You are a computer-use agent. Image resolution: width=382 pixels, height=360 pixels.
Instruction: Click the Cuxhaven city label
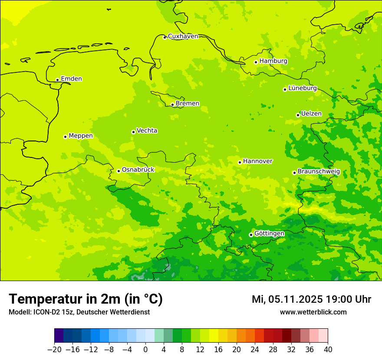pos(183,36)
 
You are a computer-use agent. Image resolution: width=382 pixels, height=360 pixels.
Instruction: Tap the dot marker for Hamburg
pos(256,62)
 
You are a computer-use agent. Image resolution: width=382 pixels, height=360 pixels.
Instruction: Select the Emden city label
pos(71,79)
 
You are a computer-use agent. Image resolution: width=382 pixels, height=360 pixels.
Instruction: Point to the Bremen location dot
pos(172,105)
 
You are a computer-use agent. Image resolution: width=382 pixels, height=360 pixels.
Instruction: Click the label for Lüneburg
pos(302,88)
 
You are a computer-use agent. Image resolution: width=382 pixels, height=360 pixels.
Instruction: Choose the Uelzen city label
pos(311,114)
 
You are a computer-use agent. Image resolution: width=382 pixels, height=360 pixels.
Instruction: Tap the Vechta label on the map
pos(147,131)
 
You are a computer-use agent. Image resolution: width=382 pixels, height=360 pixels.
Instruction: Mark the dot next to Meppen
pos(65,137)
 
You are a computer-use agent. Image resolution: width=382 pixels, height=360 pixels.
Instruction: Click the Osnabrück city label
pos(138,170)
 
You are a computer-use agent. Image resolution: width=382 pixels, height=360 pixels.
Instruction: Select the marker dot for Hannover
pos(240,162)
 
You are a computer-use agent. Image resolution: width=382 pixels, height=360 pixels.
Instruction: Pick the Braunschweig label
pos(319,172)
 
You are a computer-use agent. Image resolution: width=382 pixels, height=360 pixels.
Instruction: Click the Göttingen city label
pos(269,233)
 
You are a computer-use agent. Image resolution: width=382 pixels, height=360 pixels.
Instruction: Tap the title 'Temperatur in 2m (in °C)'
pos(86,299)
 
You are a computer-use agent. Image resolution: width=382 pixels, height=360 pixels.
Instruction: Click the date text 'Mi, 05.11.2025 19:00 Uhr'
pos(311,299)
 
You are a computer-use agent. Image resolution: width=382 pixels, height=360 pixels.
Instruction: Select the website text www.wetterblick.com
pos(313,312)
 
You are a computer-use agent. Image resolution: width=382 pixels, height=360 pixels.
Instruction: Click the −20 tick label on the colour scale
pos(54,350)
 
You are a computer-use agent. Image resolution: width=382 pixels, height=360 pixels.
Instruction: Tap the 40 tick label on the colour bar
pos(327,350)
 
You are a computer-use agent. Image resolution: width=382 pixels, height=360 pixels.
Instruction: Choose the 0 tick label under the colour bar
pos(145,350)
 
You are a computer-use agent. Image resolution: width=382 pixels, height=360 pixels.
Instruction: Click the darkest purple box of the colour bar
pos(59,336)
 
